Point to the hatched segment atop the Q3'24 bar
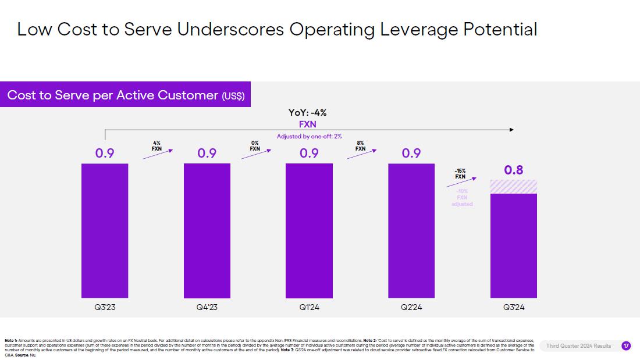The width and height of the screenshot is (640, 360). (514, 187)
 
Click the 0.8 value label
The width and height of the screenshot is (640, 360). (514, 170)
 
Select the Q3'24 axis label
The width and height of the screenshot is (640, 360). (514, 307)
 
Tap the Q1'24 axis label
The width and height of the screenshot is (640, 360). (309, 307)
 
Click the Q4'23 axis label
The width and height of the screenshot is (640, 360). (207, 307)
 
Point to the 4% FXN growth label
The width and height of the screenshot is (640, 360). (157, 145)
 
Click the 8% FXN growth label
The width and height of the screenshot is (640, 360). (360, 145)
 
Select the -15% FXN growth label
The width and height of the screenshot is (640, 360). (460, 173)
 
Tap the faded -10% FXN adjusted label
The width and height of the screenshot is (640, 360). (462, 198)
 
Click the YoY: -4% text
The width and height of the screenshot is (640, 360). (308, 113)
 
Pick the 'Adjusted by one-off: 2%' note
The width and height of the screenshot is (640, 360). (309, 136)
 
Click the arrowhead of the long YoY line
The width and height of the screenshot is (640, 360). (511, 130)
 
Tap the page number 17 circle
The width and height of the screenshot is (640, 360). (626, 345)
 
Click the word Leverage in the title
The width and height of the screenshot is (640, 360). (419, 29)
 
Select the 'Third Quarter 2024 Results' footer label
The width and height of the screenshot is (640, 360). (578, 346)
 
